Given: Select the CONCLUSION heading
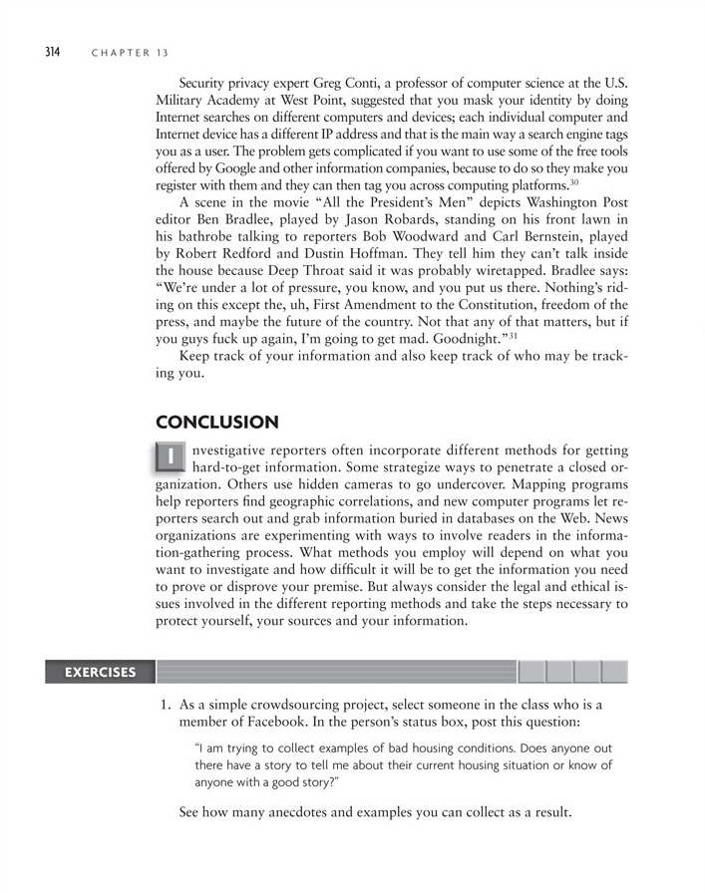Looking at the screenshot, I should click(217, 423).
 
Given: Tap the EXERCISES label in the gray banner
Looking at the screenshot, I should click(100, 672).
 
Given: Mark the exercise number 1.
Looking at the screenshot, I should click(165, 705).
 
